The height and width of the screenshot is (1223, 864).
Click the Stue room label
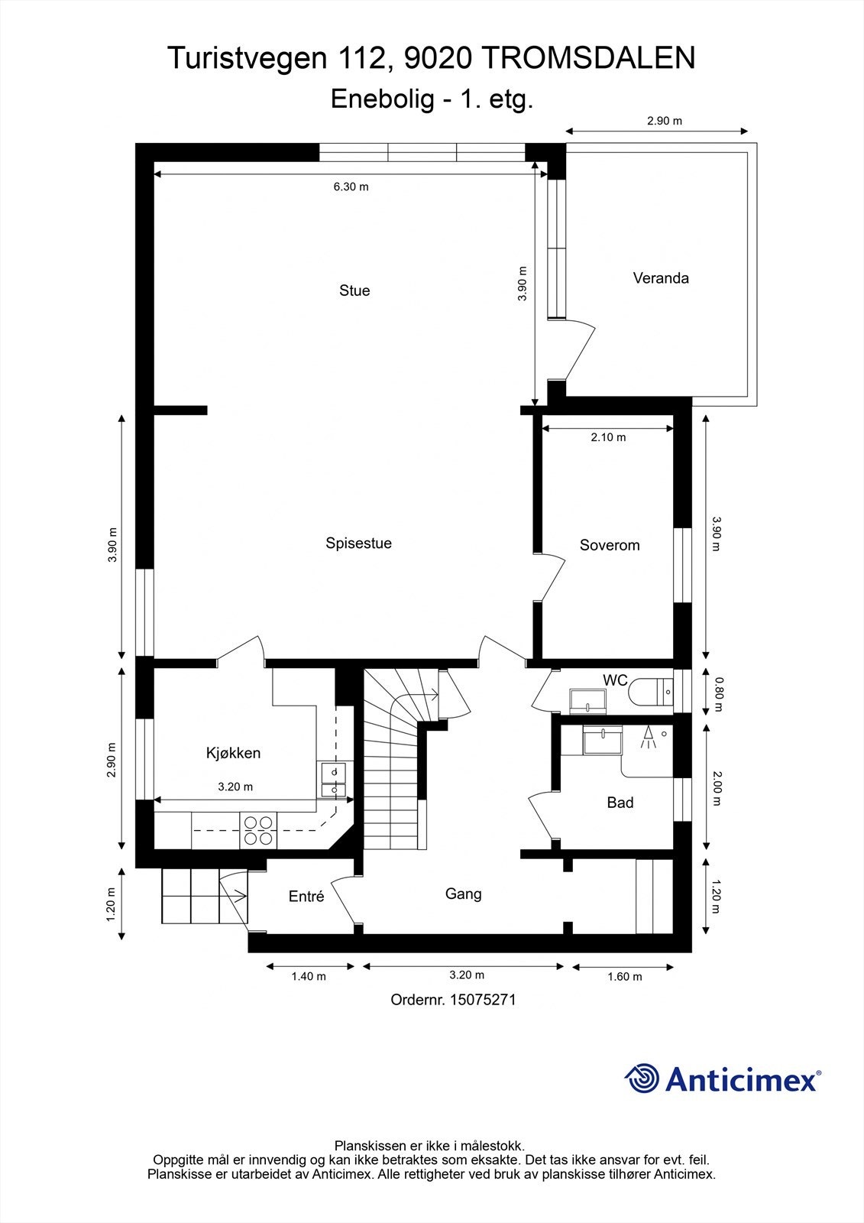(354, 290)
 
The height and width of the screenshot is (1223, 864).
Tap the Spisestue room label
(358, 543)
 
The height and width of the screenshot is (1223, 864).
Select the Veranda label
(661, 278)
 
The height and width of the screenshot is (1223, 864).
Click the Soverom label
(609, 545)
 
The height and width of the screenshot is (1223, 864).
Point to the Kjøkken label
(233, 753)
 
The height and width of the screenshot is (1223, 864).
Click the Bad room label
(620, 803)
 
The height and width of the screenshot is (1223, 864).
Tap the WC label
(615, 680)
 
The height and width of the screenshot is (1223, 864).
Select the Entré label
(306, 897)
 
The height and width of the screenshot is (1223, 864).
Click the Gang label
(463, 894)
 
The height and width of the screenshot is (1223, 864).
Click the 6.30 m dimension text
(351, 187)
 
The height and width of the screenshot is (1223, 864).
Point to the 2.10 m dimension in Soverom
(608, 437)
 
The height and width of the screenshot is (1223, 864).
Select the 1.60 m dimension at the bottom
(624, 976)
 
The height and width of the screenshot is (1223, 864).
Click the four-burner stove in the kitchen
(257, 830)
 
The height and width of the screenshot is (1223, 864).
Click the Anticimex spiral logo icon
(642, 1079)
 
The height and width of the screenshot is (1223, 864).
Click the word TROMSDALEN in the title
(590, 58)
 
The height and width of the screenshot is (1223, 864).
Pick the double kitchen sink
(333, 781)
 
